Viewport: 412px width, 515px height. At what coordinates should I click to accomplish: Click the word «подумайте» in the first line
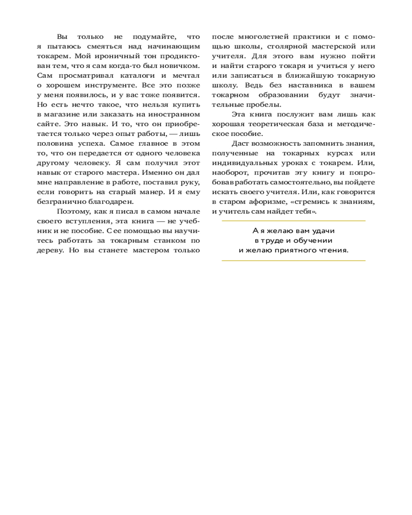click(x=150, y=37)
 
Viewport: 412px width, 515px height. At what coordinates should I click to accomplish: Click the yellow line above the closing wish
click(x=293, y=220)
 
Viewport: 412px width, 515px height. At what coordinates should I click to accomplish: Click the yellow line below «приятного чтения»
click(x=293, y=261)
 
